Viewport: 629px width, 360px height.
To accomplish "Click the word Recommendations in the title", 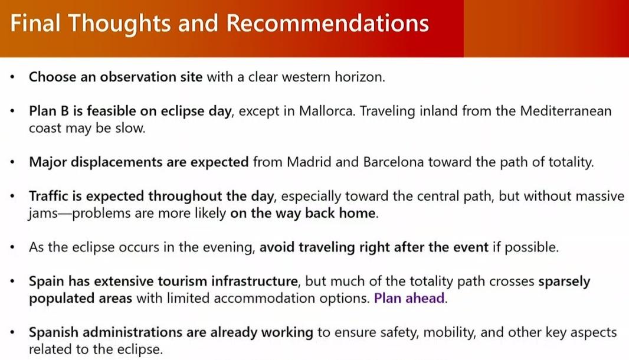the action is [x=327, y=23].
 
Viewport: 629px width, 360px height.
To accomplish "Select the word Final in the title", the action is [x=35, y=23].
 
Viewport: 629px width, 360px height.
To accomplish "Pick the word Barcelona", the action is [x=394, y=162].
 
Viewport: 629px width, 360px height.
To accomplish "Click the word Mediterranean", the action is [x=566, y=111].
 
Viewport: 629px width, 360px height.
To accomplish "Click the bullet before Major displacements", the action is [x=13, y=162].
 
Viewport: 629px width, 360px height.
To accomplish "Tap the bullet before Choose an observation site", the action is [x=13, y=77].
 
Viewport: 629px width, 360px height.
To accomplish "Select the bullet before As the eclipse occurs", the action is [x=13, y=247].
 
